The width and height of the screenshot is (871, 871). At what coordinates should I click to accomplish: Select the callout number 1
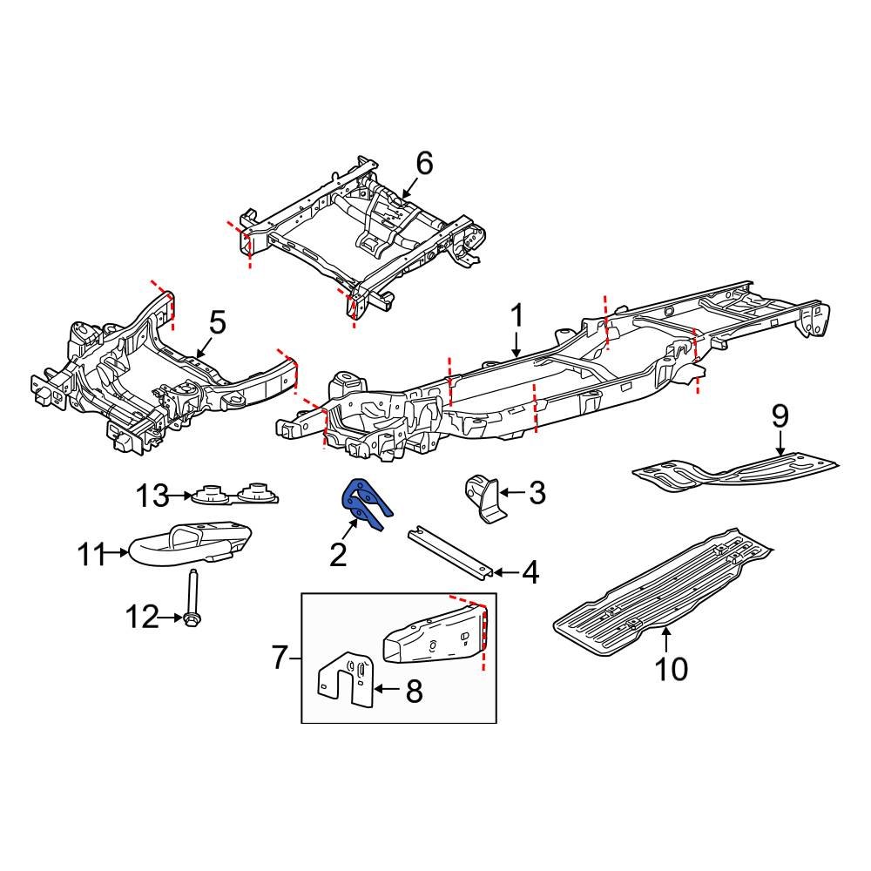pos(516,315)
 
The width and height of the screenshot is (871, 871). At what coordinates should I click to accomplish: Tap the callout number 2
pos(338,554)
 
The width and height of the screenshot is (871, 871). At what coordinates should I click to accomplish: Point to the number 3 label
pos(537,494)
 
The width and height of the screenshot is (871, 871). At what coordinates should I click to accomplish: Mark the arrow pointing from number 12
pos(172,618)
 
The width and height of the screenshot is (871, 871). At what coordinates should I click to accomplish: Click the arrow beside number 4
pos(504,572)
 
